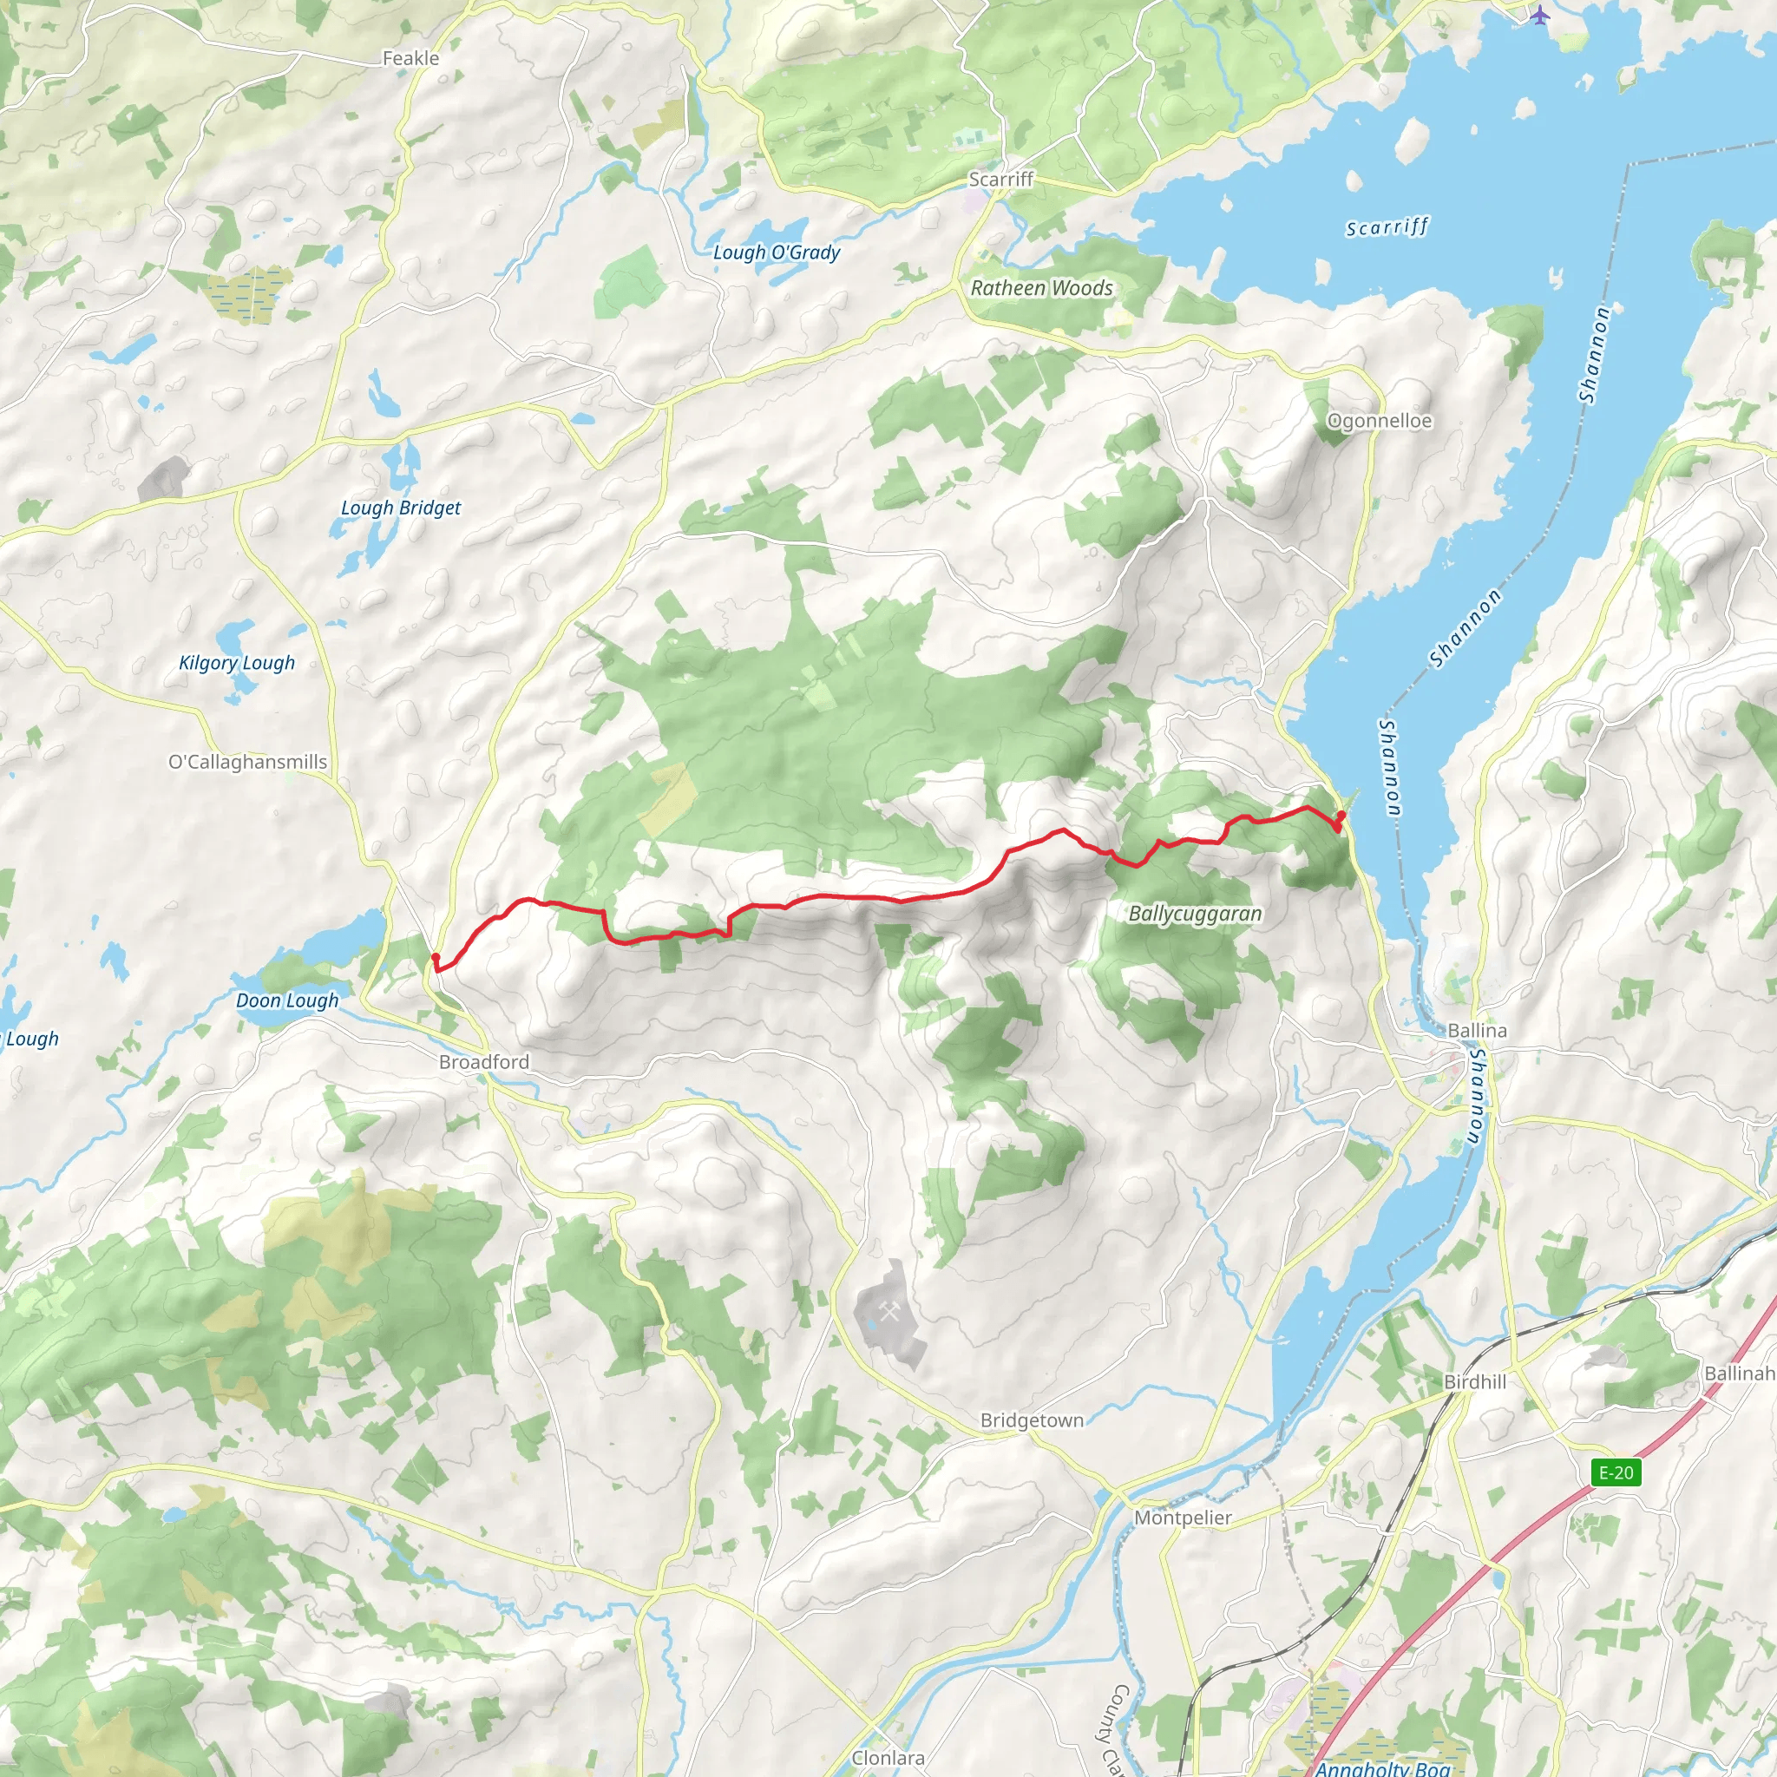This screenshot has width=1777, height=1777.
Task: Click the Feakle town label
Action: tap(410, 59)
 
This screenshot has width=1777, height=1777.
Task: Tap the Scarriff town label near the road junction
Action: tap(1000, 180)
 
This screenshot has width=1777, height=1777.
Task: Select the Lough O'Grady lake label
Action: tap(777, 252)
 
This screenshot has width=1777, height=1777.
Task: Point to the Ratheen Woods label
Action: tap(1041, 288)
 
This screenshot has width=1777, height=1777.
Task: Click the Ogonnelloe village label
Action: tap(1379, 421)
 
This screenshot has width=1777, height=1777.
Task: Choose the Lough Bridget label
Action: tap(400, 508)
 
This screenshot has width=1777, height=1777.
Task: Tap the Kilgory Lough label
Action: tap(236, 663)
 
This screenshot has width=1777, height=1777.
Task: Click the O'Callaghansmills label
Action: tap(247, 763)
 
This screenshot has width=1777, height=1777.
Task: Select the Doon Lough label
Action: tap(287, 1000)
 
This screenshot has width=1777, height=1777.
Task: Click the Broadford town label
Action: tap(484, 1062)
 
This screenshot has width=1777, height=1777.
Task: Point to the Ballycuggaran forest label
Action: tap(1195, 915)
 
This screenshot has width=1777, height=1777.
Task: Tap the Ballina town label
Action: tap(1477, 1031)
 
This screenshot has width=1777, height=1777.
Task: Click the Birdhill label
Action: tap(1474, 1382)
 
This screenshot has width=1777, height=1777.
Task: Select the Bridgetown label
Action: tap(1031, 1421)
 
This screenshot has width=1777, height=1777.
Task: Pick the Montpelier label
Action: tap(1182, 1518)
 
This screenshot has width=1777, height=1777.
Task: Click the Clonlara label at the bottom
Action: tap(888, 1758)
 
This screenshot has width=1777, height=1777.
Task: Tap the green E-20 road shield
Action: tap(1616, 1472)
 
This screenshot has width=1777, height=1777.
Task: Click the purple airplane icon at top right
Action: tap(1540, 15)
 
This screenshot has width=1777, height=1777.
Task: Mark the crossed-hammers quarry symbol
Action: tap(888, 1314)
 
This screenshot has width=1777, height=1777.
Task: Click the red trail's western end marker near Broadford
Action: tap(435, 959)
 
